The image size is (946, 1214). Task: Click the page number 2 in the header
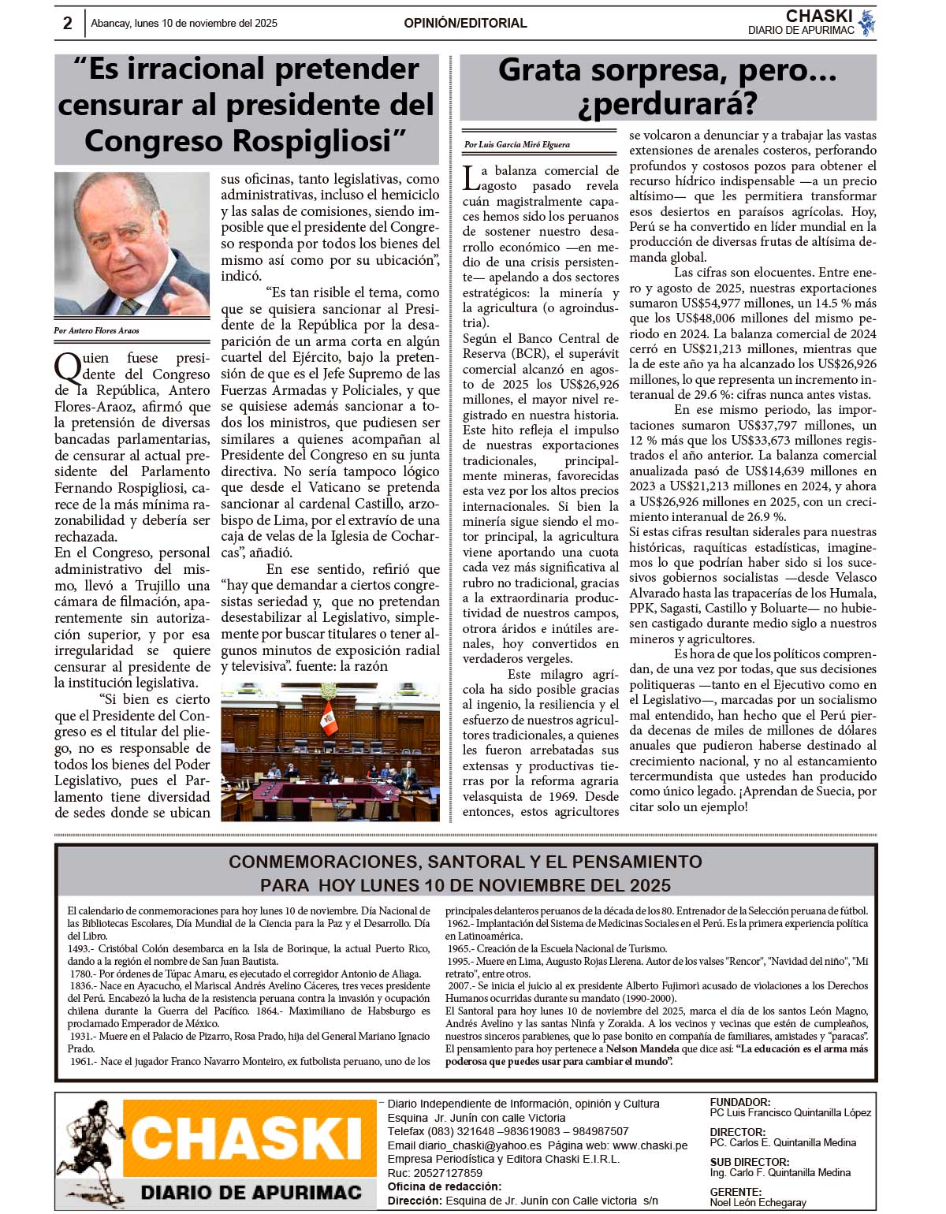(x=68, y=24)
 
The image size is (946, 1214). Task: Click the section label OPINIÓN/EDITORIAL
(x=465, y=24)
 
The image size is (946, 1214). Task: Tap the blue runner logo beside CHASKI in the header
(x=867, y=23)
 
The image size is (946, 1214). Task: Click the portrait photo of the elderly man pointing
(x=132, y=244)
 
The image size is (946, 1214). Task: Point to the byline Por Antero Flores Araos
(x=96, y=330)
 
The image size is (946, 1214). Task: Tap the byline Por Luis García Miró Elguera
(x=516, y=145)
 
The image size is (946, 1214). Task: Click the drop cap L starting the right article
(x=471, y=178)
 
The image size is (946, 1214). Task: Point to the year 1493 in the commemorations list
(x=79, y=949)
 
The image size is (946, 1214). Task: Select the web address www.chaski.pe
(x=650, y=1145)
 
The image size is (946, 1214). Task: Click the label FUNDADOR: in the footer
(x=739, y=1102)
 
